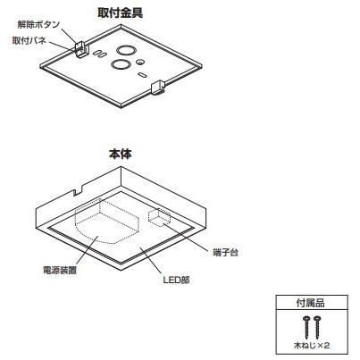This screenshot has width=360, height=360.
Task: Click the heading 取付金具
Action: pyautogui.click(x=120, y=13)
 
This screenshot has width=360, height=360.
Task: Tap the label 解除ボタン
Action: pyautogui.click(x=38, y=25)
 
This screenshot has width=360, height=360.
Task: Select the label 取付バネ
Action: pyautogui.click(x=29, y=41)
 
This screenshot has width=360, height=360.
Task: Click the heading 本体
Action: pyautogui.click(x=121, y=154)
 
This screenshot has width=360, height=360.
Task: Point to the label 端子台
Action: pyautogui.click(x=226, y=253)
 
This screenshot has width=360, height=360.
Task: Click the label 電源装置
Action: pyautogui.click(x=60, y=270)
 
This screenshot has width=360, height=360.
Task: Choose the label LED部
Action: pyautogui.click(x=176, y=280)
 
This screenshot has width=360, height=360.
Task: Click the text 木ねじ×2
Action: pyautogui.click(x=312, y=346)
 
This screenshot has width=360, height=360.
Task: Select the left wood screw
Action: pyautogui.click(x=306, y=327)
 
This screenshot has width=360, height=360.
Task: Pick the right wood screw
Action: pyautogui.click(x=317, y=327)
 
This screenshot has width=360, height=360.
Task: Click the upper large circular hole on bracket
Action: pyautogui.click(x=126, y=50)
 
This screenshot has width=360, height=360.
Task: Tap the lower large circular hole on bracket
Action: pyautogui.click(x=121, y=64)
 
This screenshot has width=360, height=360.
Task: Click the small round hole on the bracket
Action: pyautogui.click(x=140, y=62)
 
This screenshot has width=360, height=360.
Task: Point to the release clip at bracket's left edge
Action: pyautogui.click(x=80, y=48)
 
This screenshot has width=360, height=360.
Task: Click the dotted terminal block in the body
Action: pyautogui.click(x=159, y=216)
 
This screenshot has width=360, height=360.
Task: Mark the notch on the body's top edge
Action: pyautogui.click(x=78, y=191)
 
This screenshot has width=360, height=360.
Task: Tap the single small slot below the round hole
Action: pyautogui.click(x=142, y=74)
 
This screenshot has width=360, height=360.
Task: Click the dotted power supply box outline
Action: pyautogui.click(x=107, y=221)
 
